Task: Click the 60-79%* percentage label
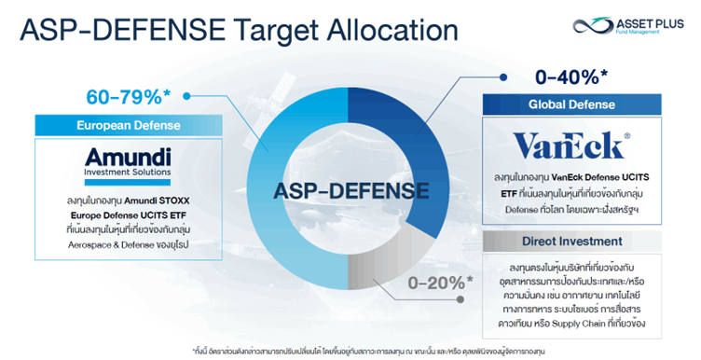point(127,95)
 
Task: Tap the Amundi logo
point(127,159)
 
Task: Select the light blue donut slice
point(280,205)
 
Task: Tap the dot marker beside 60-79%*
point(187,95)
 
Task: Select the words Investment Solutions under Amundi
point(127,173)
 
